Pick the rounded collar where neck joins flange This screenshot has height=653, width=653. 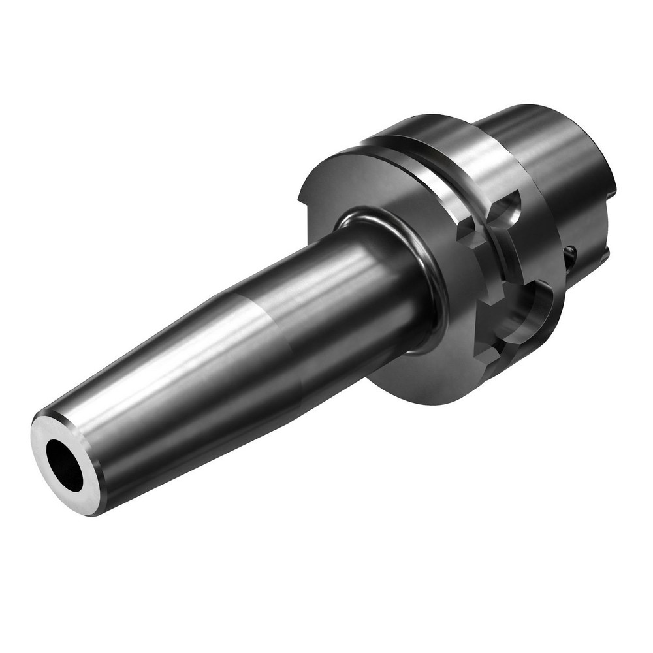418,261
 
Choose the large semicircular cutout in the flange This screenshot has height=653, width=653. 532,310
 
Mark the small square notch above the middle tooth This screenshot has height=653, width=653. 471,232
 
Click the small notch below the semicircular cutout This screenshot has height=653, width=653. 486,356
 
